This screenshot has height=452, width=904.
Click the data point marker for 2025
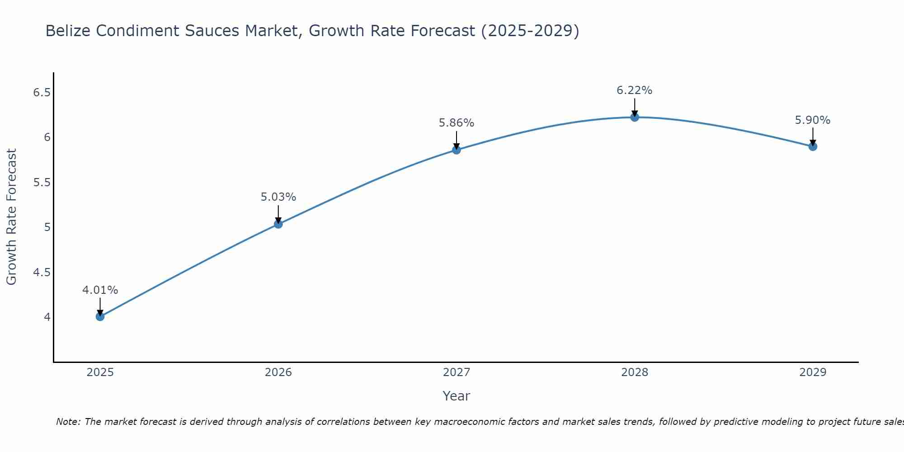pos(100,316)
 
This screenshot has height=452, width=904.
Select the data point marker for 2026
pos(278,224)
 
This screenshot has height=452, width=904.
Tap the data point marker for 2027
pos(456,150)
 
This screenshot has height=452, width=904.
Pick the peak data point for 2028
pos(634,117)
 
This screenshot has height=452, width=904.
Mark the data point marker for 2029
pos(812,146)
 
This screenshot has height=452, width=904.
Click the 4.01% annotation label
pos(100,290)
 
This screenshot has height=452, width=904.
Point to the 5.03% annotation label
pos(278,197)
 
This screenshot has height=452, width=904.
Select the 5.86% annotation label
pos(456,123)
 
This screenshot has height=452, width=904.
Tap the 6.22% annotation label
pos(634,90)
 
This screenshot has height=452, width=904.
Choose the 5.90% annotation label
pos(812,120)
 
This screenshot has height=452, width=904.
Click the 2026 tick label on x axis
pos(278,372)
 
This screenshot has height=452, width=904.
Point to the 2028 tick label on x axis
pos(634,372)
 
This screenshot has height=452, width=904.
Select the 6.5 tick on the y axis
pos(42,93)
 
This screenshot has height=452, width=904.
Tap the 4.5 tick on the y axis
pos(42,272)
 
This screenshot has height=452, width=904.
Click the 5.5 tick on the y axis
pos(42,183)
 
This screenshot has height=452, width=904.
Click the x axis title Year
pos(456,396)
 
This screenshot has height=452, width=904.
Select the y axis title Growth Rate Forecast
pos(11,217)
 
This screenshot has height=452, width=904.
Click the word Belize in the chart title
pos(68,31)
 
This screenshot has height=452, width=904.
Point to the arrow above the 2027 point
pos(456,140)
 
